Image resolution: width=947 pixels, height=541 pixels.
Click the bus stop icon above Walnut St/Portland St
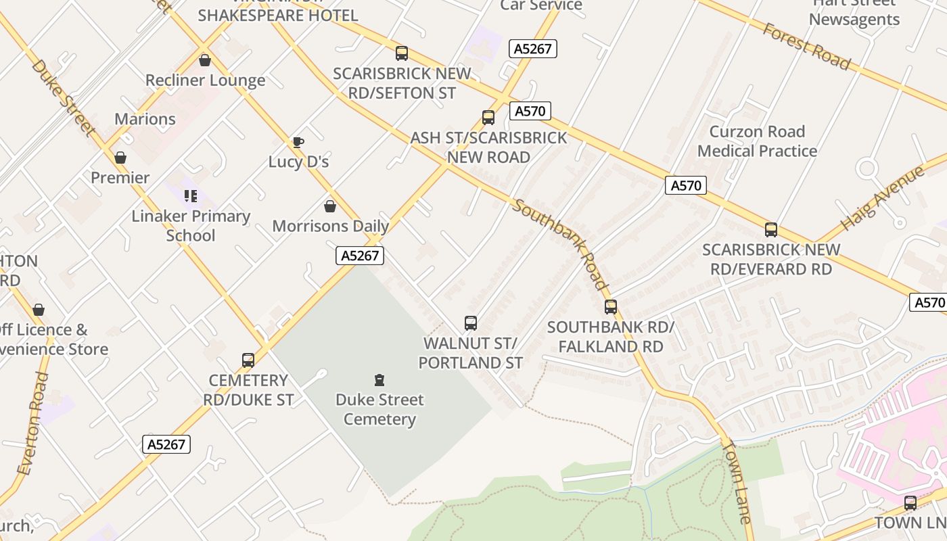coord(471,323)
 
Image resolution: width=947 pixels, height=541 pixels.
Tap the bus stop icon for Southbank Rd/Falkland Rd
coord(611,307)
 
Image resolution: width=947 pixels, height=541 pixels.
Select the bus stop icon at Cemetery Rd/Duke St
coord(248,360)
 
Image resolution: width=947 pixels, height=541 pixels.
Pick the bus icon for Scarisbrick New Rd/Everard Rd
coord(771,230)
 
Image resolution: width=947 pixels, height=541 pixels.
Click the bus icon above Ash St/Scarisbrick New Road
coord(488,118)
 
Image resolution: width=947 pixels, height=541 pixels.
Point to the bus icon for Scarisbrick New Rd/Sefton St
coord(402,53)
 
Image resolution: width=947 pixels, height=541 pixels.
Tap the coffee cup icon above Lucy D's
coord(298,142)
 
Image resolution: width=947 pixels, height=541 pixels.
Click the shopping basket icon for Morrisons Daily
coord(330,206)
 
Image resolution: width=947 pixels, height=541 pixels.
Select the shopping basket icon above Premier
coord(120,158)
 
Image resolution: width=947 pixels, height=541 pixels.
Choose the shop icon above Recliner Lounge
coord(205,60)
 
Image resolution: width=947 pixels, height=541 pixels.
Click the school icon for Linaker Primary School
coord(191,196)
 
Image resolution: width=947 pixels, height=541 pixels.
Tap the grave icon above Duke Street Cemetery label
coord(379,380)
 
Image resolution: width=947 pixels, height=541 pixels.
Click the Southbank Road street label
coord(559,243)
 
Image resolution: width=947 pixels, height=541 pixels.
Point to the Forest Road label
coord(806,46)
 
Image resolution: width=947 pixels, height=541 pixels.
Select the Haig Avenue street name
coord(882,198)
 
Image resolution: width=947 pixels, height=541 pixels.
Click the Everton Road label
coord(33,423)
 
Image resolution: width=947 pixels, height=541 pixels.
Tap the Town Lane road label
coord(737,481)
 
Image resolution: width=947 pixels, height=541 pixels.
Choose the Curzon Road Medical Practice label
coord(757,141)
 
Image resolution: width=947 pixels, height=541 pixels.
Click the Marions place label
coord(145,119)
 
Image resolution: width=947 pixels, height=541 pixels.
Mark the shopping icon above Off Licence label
coord(39,310)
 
